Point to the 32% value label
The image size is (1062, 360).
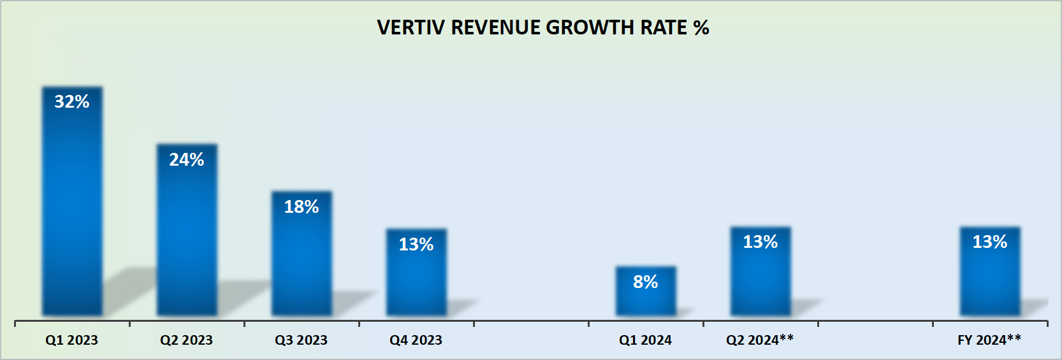pos(72,102)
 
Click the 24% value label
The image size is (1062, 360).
pos(187,160)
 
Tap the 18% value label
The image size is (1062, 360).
pos(302,207)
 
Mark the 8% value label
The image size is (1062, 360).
pos(646,282)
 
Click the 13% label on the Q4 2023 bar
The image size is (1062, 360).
pos(416,245)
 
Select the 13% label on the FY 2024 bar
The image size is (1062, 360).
pos(990,242)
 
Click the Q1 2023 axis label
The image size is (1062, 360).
pos(72,340)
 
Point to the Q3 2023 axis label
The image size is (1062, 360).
pos(302,340)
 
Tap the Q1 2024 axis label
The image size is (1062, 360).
pos(646,340)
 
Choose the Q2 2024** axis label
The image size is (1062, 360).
pos(760,340)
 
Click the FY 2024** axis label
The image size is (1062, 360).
pos(989,340)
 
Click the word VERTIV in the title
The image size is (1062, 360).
pos(411,27)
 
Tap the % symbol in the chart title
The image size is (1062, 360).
pos(701,27)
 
